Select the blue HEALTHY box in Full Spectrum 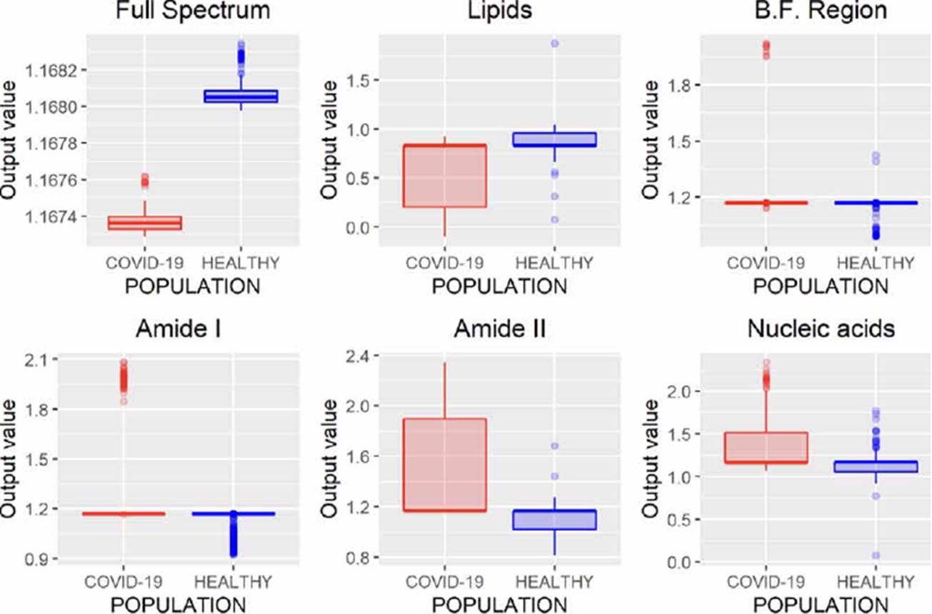pos(241,96)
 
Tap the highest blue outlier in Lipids pos(554,44)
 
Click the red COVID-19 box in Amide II pos(445,465)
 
